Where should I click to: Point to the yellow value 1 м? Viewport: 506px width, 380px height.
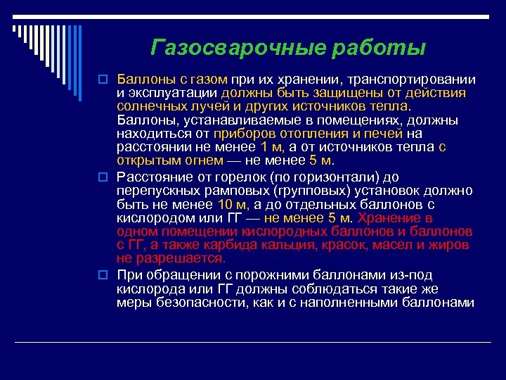coord(272,147)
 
